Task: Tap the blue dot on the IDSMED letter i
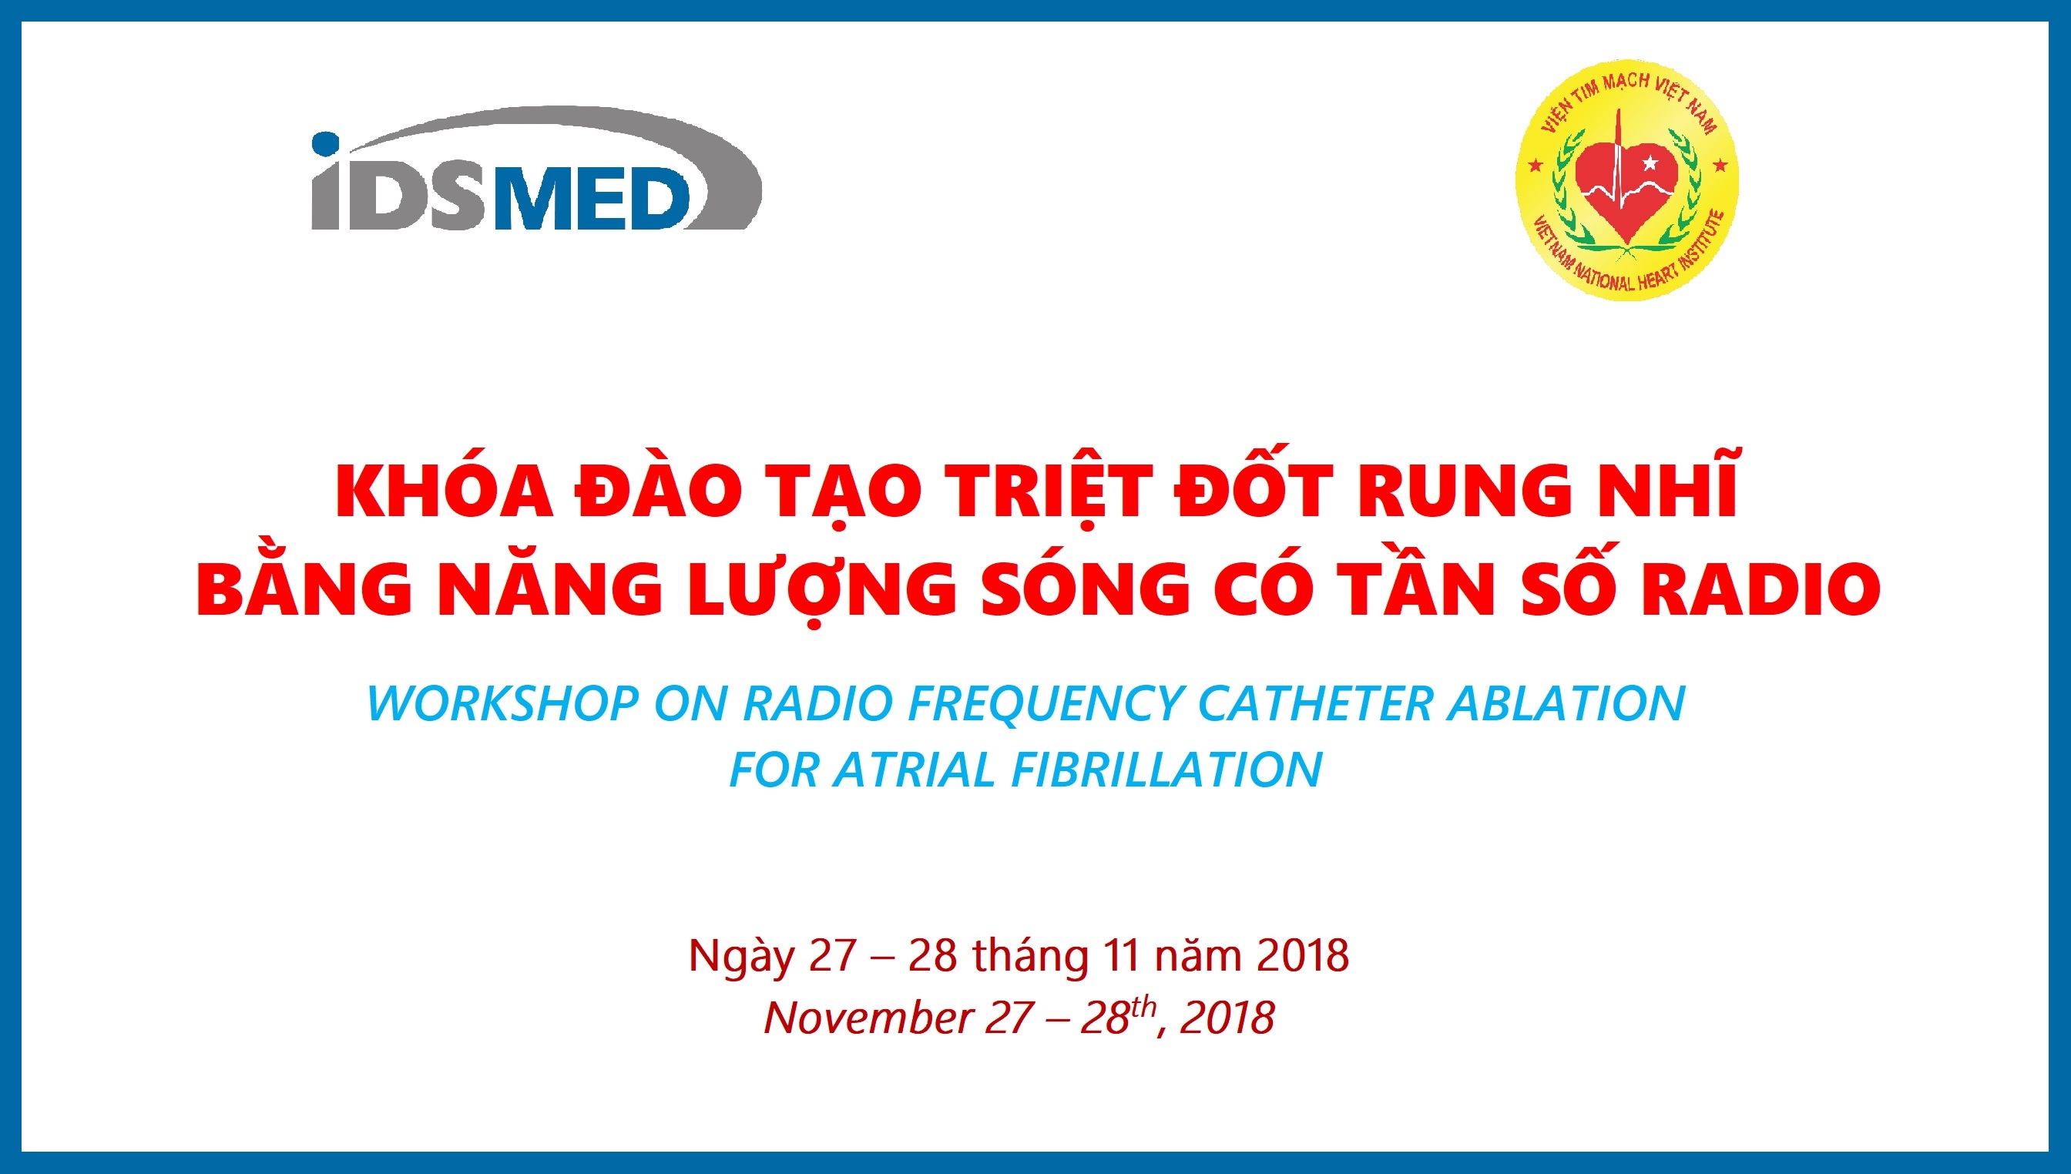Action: pyautogui.click(x=326, y=146)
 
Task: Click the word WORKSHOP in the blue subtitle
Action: pyautogui.click(x=503, y=704)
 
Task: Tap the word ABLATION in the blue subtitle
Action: pyautogui.click(x=1566, y=703)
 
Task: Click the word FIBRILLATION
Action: pyautogui.click(x=1166, y=770)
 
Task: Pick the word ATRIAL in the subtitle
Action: pyautogui.click(x=915, y=770)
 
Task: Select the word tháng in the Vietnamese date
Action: pyautogui.click(x=1030, y=957)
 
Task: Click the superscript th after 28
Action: pyautogui.click(x=1143, y=1007)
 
